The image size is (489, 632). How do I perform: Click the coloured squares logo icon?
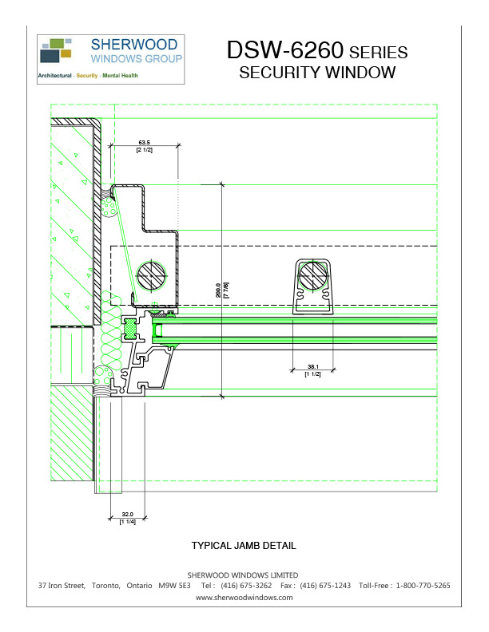point(56,49)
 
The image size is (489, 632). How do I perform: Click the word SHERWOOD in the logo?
point(137,45)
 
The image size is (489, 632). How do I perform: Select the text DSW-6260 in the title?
point(286,50)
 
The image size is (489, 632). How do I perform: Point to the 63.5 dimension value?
point(144,143)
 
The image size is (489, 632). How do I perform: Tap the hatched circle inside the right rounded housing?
point(312,278)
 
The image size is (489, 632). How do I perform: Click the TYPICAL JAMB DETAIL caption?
point(244,546)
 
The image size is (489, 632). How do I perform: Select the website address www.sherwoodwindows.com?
point(244,597)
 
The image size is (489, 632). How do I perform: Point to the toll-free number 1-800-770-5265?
point(423,586)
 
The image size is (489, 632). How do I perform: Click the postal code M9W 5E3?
point(174,586)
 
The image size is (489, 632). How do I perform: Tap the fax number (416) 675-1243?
point(325,586)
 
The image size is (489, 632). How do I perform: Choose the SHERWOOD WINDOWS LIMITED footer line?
point(243,575)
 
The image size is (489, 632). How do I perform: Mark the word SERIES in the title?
point(379,53)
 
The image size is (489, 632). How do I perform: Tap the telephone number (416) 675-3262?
point(246,586)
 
